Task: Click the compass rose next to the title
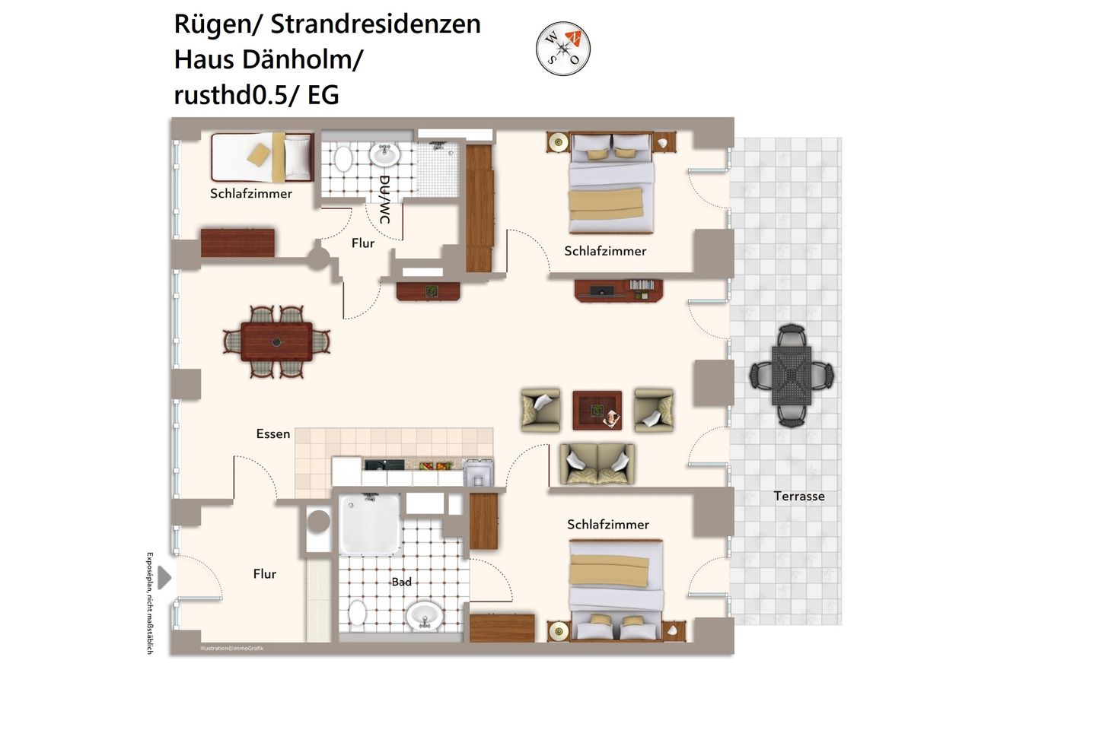[563, 49]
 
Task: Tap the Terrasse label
[798, 496]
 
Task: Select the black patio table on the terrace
[792, 375]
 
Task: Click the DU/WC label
[384, 199]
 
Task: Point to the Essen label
[272, 433]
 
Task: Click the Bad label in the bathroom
[401, 582]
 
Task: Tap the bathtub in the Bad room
[370, 524]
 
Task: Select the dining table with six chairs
[276, 342]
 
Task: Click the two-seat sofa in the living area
[597, 464]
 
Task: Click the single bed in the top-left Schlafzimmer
[261, 157]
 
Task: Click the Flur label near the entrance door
[264, 574]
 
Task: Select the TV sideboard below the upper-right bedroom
[618, 290]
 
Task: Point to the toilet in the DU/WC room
[343, 158]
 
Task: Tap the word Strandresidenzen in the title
[375, 24]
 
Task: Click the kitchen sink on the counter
[379, 465]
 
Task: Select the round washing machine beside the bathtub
[318, 522]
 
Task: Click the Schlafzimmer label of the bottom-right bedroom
[607, 524]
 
